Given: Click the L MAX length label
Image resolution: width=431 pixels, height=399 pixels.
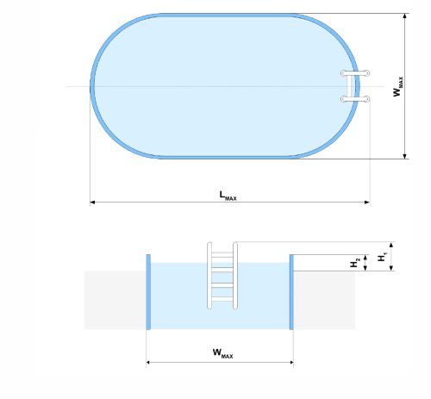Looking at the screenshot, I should coord(228,196).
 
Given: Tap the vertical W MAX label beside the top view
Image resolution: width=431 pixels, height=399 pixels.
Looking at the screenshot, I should coord(398,86).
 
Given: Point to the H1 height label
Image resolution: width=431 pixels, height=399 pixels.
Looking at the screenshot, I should coord(382,257).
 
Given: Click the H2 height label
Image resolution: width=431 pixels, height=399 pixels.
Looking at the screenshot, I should coord(354,262).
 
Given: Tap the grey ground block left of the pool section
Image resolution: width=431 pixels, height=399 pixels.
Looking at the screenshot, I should coord(115,300).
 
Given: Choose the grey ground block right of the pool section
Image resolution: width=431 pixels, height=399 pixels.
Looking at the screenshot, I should coord(324,300).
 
